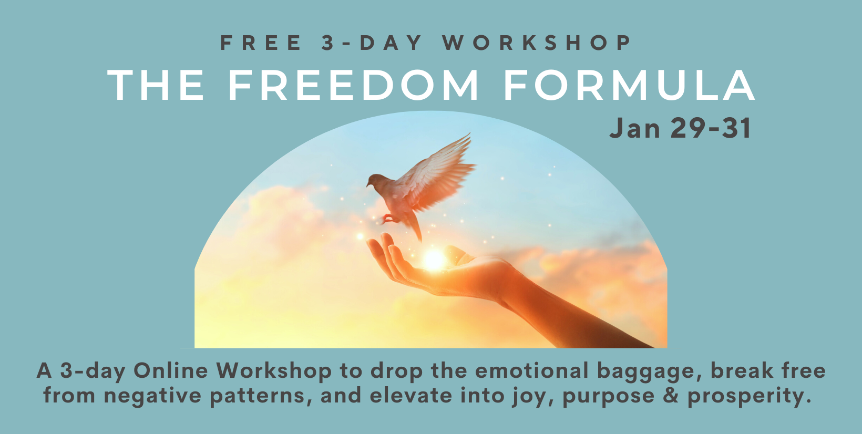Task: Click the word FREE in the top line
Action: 261,43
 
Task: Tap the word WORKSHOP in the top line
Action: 537,43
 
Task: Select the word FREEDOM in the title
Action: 353,85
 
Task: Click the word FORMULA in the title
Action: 629,85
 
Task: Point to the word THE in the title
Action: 156,85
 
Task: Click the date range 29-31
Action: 711,129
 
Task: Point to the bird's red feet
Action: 388,218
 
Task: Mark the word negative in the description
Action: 152,396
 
